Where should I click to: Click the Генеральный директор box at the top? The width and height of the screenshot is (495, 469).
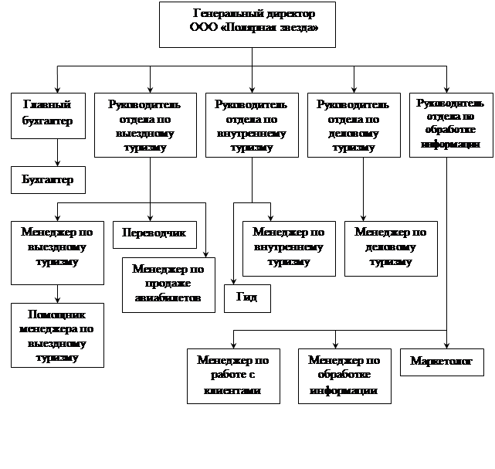pos(247,25)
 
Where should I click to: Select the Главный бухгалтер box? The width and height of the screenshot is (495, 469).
pos(48,116)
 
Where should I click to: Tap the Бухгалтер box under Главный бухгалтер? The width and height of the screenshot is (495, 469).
pos(48,180)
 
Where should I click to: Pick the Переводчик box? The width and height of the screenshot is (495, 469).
pos(154,235)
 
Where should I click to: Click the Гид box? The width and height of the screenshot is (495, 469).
pos(247,298)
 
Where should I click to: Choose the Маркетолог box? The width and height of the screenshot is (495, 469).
pos(442,362)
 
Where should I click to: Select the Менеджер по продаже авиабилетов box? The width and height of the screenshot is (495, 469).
pos(168,285)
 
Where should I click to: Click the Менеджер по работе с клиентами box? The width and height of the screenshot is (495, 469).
pos(233,376)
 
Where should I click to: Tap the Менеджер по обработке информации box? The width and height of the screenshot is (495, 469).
pos(344,376)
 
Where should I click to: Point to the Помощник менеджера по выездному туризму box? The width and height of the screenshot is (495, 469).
pos(57,335)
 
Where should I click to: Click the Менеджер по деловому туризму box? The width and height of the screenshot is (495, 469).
pos(391,249)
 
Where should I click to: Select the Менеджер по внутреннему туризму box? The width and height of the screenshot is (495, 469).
pos(289,249)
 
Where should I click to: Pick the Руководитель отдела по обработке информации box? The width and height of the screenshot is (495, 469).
pos(451,124)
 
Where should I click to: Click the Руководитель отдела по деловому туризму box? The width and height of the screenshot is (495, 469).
pos(354,124)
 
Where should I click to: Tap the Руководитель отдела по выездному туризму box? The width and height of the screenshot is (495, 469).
pos(145,124)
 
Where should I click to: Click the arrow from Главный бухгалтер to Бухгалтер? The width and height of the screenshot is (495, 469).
pos(57,152)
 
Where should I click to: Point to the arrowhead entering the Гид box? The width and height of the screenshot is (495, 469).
pos(233,282)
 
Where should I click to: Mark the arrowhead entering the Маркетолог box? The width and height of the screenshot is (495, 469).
pos(446,345)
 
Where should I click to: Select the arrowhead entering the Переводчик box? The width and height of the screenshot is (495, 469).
pos(150,218)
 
